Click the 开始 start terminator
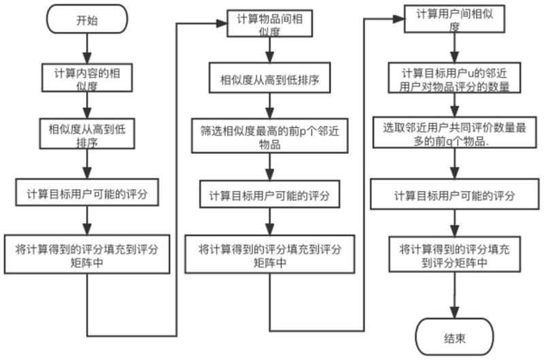tap(87, 20)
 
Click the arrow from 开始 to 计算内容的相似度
tap(87, 47)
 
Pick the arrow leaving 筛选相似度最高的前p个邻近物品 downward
tap(270, 165)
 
